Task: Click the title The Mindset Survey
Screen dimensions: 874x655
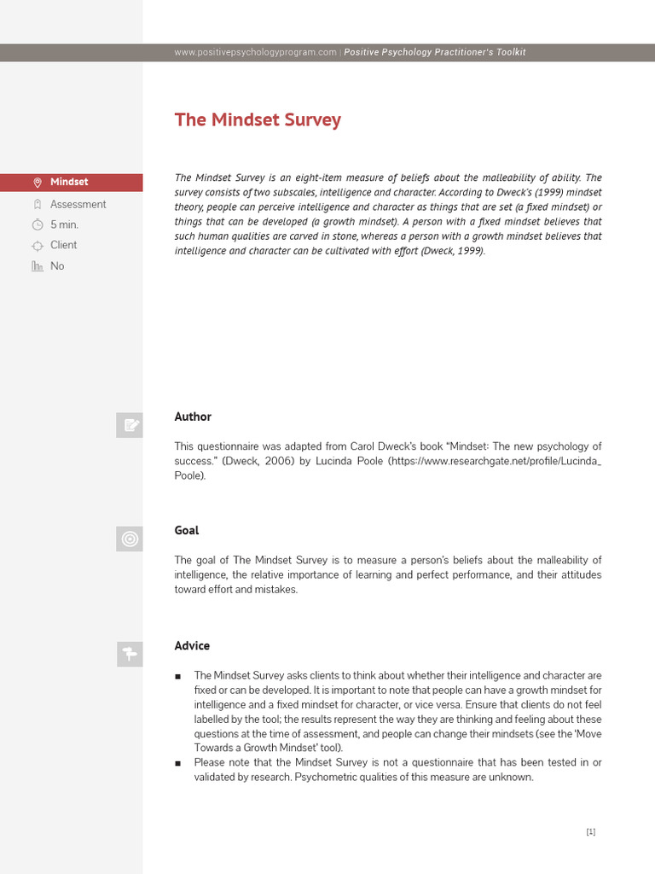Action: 258,119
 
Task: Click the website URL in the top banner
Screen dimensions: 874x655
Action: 255,52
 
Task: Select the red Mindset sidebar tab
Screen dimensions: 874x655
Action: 71,182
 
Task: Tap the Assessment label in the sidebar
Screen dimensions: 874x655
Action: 78,204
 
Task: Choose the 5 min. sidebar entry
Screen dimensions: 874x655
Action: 64,224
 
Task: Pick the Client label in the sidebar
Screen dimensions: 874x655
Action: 63,245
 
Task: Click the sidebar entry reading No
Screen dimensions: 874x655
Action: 57,266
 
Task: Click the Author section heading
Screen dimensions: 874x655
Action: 193,417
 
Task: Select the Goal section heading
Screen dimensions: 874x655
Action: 187,530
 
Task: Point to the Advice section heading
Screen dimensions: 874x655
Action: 192,645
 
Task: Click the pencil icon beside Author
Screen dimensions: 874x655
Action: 130,424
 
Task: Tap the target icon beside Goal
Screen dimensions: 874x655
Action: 130,539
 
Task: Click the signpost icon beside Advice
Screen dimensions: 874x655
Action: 130,654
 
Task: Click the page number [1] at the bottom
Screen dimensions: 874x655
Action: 591,832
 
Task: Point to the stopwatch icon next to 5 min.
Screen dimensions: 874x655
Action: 37,225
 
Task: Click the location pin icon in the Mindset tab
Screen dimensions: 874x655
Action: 37,183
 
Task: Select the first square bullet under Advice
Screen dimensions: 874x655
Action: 177,677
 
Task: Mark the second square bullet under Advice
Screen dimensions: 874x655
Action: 177,763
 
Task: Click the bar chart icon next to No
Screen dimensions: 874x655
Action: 37,266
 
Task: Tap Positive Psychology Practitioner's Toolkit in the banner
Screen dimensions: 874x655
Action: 435,52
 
